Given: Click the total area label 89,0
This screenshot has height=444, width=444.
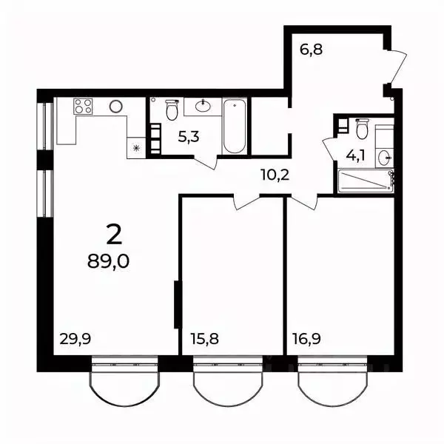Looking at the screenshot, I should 108,263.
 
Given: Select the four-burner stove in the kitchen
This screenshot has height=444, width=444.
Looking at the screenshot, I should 84,107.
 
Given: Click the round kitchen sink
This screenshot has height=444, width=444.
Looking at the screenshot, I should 115,107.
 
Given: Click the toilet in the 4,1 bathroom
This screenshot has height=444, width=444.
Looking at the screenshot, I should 362,129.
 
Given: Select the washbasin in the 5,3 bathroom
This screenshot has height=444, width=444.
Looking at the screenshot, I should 202,107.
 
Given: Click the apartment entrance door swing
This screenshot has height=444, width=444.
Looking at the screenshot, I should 397,68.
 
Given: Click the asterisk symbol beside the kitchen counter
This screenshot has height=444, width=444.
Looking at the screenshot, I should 136,148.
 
